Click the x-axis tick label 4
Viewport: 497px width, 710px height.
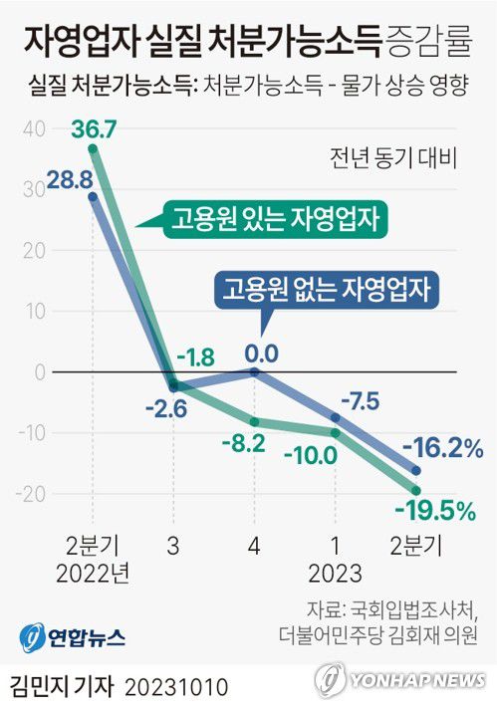point(254,546)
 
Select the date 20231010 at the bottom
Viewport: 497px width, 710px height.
point(178,686)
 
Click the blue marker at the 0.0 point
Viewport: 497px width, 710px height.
point(254,371)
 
